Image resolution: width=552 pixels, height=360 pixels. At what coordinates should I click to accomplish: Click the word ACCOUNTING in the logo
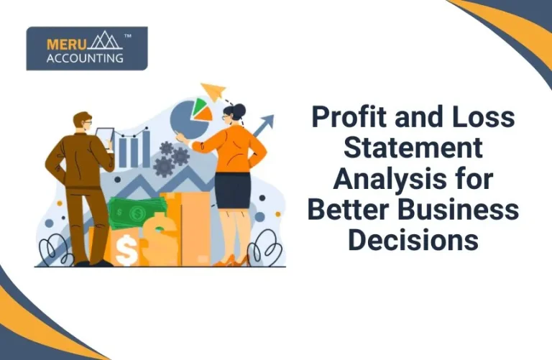pyautogui.click(x=85, y=58)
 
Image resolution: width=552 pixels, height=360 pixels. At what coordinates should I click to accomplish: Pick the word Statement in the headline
pyautogui.click(x=413, y=147)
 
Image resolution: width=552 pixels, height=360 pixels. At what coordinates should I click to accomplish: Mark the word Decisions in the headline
pyautogui.click(x=413, y=240)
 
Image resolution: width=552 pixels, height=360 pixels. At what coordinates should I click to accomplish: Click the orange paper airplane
pyautogui.click(x=213, y=91)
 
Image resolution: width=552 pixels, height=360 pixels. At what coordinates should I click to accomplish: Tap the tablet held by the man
pyautogui.click(x=105, y=137)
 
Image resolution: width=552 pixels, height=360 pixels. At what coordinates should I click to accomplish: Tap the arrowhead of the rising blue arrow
pyautogui.click(x=267, y=121)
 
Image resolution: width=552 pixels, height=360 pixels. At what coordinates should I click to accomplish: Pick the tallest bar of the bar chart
pyautogui.click(x=147, y=148)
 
